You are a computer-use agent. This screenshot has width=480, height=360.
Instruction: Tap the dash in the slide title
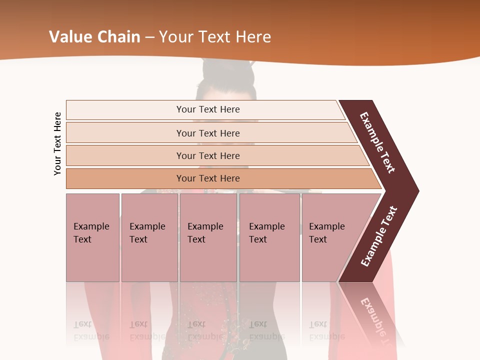pyautogui.click(x=149, y=37)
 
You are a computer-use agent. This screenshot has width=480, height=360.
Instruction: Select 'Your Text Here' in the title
pyautogui.click(x=215, y=37)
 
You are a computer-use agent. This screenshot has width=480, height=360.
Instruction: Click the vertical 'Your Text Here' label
pyautogui.click(x=57, y=144)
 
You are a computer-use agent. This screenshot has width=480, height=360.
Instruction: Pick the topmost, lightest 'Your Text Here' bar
pyautogui.click(x=208, y=109)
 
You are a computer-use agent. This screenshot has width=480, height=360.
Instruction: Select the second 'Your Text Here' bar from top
pyautogui.click(x=208, y=133)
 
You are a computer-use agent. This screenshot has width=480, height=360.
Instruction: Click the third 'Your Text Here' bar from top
pyautogui.click(x=208, y=155)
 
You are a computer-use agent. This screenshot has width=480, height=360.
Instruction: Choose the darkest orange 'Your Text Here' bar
pyautogui.click(x=208, y=178)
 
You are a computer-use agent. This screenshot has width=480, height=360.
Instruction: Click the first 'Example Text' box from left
pyautogui.click(x=92, y=237)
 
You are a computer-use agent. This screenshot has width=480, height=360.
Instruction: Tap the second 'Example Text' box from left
pyautogui.click(x=149, y=237)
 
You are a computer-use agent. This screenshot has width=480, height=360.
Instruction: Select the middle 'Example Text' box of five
pyautogui.click(x=208, y=237)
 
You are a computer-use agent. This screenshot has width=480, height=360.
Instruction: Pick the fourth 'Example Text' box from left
pyautogui.click(x=269, y=237)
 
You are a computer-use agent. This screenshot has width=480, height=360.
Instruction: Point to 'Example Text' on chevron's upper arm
pyautogui.click(x=378, y=142)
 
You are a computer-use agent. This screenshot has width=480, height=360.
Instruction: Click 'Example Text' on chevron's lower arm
pyautogui.click(x=379, y=236)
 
